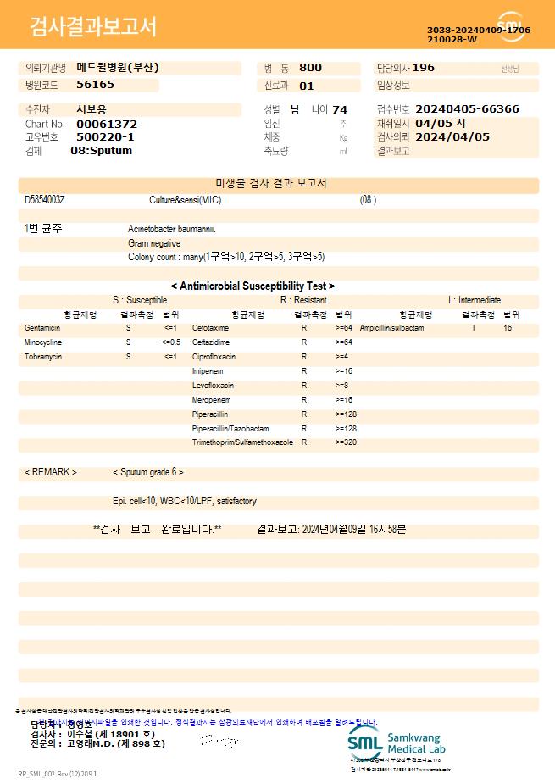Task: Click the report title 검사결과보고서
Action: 93,27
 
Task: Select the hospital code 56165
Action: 95,85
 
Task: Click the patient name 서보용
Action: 92,109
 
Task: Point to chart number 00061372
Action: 107,124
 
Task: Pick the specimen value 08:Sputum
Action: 101,151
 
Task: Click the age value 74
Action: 340,109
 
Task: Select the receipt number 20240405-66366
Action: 468,109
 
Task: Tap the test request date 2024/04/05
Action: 452,136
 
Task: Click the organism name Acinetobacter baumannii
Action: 172,229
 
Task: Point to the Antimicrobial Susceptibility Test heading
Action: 253,286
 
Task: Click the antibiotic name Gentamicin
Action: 42,327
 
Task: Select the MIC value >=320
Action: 346,442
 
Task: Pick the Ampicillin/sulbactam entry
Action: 391,327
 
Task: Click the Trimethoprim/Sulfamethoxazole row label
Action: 242,442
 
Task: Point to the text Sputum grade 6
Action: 148,472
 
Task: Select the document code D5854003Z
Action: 45,200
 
